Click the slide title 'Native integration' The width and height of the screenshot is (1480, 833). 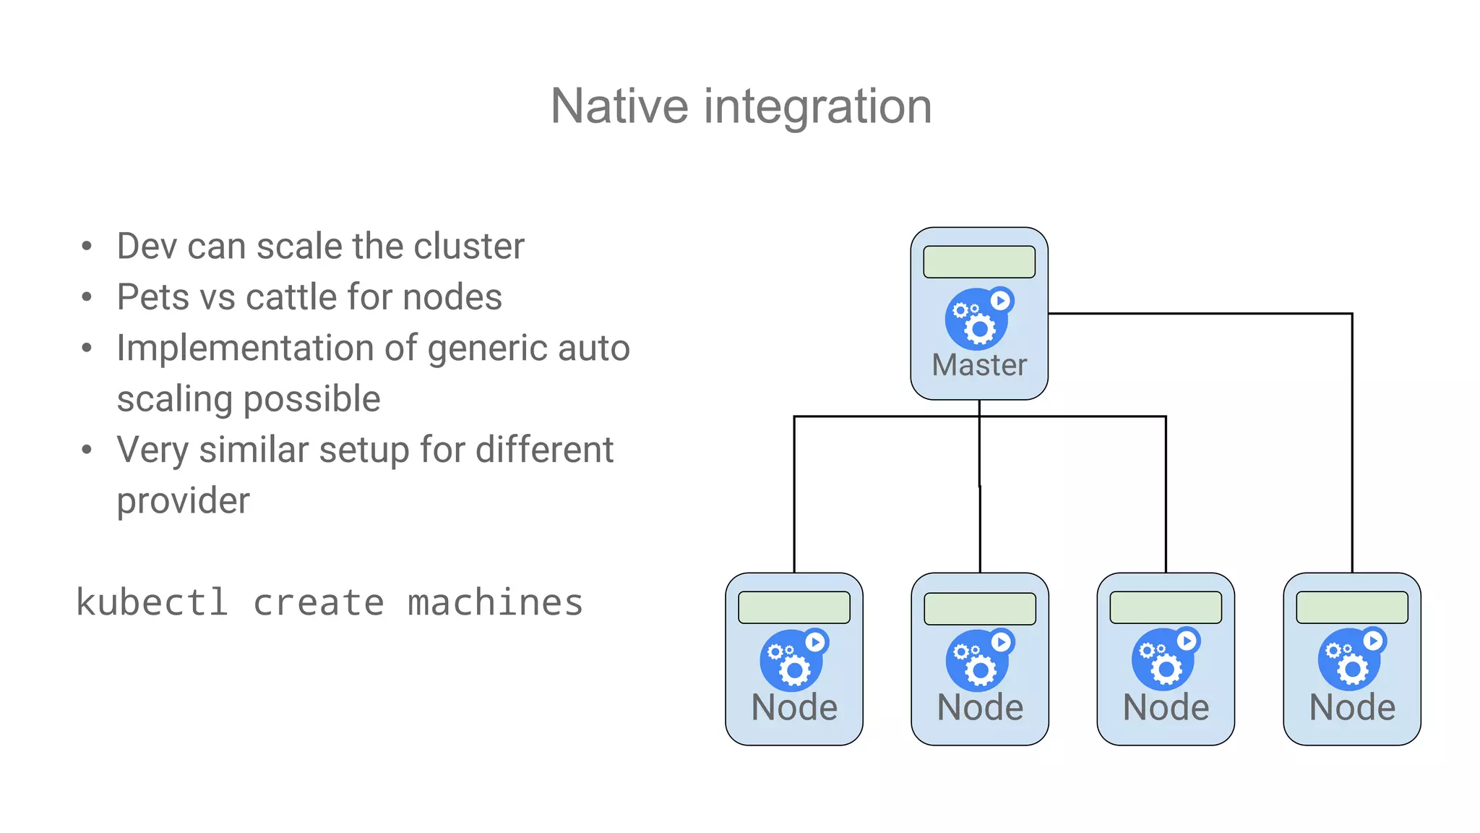[741, 106]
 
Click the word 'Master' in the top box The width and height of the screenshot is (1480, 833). [979, 365]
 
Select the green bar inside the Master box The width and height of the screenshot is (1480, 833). [979, 262]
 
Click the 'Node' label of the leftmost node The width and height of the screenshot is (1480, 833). [794, 707]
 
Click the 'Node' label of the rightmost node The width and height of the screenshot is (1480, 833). [1352, 707]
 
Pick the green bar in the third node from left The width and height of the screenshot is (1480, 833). [1166, 607]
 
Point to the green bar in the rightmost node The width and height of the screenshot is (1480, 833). [1352, 607]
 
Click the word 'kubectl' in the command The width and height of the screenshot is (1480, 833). [152, 602]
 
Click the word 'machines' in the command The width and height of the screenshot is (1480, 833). [495, 602]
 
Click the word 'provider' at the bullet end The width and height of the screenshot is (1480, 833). [184, 501]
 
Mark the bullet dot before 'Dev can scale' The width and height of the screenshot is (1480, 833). [87, 247]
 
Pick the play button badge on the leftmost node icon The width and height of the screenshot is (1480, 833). [815, 641]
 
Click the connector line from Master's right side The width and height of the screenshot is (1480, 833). [1200, 314]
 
